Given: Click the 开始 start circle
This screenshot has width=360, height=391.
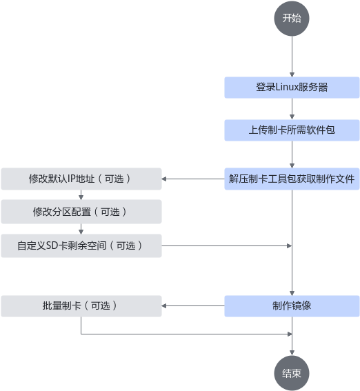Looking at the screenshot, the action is tap(292, 19).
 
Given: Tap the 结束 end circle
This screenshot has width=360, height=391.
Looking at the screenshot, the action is tap(292, 373).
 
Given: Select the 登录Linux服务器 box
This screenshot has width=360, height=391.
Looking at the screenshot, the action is tap(292, 88).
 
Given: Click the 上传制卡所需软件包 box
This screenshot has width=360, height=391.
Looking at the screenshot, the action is tap(292, 130).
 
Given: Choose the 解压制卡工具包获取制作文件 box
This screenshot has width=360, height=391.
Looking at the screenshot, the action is tap(292, 179).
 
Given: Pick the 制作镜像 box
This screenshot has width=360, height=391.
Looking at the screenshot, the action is tap(292, 306).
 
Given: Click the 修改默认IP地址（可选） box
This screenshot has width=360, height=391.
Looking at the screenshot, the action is tap(81, 179).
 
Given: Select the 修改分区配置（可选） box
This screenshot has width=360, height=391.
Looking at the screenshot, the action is tap(81, 212).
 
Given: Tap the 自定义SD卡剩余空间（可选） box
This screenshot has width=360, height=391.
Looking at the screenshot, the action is tap(81, 246).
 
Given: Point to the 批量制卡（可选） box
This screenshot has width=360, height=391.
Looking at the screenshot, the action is tap(81, 306).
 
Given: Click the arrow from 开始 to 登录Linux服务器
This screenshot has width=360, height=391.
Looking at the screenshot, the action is tap(292, 57).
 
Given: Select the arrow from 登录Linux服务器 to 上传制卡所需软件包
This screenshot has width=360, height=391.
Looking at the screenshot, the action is tap(292, 109).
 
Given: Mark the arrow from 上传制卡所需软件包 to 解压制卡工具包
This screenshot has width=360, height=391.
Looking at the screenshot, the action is tap(292, 154).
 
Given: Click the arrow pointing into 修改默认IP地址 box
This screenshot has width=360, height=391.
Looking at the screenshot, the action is tap(193, 179).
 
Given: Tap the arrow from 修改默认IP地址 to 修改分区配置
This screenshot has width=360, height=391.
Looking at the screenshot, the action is tap(81, 194).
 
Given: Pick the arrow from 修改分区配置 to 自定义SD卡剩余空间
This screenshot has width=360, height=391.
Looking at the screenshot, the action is tap(81, 229).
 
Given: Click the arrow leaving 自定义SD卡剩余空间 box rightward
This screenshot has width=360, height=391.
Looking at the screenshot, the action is tap(227, 246).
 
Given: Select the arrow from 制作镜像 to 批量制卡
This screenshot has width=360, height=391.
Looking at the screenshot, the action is tap(193, 306).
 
